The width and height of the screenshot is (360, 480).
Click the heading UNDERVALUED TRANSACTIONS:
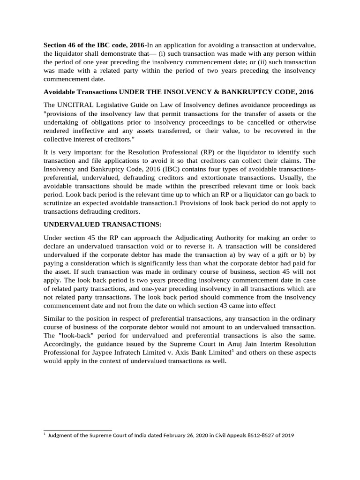(102, 225)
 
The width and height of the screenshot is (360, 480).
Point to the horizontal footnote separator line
(77, 429)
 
